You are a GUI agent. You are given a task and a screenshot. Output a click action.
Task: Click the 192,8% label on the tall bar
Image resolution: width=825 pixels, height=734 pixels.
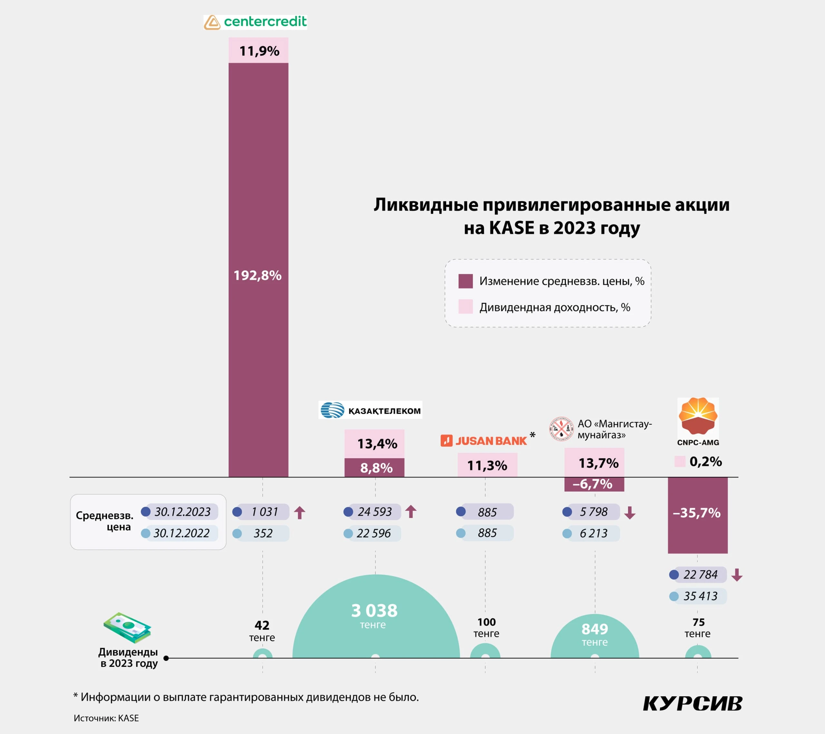[257, 275]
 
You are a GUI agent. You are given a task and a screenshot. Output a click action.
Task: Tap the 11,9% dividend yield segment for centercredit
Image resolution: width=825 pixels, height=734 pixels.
[258, 51]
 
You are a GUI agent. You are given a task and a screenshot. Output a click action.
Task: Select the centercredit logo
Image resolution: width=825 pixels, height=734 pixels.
[255, 22]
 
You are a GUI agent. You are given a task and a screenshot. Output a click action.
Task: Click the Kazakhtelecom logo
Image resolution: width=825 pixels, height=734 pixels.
[370, 410]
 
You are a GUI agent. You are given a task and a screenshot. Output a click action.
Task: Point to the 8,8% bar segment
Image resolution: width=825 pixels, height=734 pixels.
[374, 468]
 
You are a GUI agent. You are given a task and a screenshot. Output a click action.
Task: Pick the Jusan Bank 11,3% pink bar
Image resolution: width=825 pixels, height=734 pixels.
[487, 465]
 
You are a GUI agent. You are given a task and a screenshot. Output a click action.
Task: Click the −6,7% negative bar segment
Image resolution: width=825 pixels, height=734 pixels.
[594, 484]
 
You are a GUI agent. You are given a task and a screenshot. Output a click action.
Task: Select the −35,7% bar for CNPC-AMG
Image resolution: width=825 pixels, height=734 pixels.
[697, 513]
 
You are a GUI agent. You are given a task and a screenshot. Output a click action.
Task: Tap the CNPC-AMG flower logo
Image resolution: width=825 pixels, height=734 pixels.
[698, 416]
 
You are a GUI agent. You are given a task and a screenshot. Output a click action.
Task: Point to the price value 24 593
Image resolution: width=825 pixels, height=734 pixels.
[374, 512]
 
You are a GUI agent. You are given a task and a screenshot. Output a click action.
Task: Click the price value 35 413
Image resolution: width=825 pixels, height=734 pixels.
[700, 596]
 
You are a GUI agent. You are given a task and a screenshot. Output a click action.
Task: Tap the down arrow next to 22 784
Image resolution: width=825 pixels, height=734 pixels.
[737, 574]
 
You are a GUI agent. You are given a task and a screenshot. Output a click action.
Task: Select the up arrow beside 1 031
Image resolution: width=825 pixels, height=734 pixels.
[299, 512]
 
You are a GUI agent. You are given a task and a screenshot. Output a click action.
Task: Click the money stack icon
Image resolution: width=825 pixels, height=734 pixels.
[127, 627]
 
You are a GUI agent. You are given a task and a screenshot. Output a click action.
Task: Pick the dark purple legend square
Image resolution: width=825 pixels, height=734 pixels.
[465, 281]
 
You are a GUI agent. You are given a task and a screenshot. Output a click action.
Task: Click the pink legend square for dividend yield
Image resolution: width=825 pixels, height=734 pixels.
[465, 307]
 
